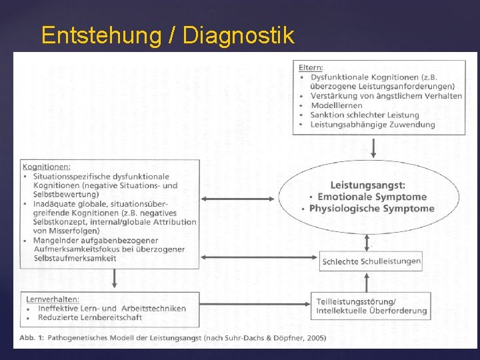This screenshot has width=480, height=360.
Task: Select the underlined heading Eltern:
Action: [x=311, y=67]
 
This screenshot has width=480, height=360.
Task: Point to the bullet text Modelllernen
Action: [x=337, y=105]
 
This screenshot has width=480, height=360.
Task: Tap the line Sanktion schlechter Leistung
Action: [x=364, y=115]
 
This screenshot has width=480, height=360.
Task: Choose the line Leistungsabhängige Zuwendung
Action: [x=372, y=124]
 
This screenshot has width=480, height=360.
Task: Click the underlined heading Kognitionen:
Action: [x=47, y=167]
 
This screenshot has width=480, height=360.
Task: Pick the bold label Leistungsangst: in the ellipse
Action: [x=368, y=185]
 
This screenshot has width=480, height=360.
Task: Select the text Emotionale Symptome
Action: [x=372, y=197]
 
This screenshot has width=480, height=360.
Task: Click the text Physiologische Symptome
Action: [x=372, y=208]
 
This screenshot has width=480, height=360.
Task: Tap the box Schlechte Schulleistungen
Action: [x=371, y=261]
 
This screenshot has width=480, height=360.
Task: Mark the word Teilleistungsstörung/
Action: [x=356, y=301]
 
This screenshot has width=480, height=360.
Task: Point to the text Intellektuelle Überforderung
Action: [x=371, y=311]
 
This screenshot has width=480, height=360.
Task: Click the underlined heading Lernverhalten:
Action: [x=51, y=299]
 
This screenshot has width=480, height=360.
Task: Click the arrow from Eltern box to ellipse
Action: [x=373, y=147]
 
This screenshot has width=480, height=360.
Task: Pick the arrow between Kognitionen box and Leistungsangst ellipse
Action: [x=238, y=198]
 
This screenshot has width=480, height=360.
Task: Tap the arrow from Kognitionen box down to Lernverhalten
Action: [x=115, y=279]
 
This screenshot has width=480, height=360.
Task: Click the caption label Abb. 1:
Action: [x=31, y=338]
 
